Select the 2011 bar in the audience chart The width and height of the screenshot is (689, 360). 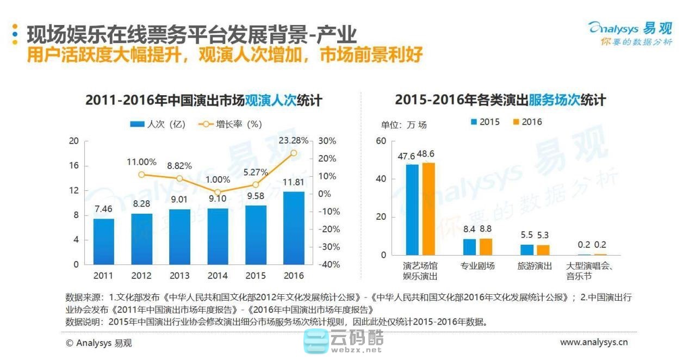[103, 241]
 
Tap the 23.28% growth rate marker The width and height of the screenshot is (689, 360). [294, 153]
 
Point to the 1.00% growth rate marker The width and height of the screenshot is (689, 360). [218, 193]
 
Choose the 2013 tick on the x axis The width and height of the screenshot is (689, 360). [179, 276]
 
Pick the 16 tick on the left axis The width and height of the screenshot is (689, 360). [74, 165]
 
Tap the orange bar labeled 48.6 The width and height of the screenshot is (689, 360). [429, 209]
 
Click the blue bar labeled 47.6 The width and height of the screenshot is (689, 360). [412, 209]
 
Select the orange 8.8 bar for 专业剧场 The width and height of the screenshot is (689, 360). [486, 246]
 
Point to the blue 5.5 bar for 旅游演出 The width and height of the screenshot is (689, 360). [527, 250]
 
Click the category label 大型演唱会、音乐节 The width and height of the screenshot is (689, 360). [589, 271]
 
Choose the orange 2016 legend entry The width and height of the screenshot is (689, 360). [527, 122]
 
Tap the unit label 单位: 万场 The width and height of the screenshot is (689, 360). [404, 125]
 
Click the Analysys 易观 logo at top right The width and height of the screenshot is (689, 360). [631, 32]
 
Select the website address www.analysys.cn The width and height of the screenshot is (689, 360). [594, 342]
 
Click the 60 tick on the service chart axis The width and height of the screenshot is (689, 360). [381, 141]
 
